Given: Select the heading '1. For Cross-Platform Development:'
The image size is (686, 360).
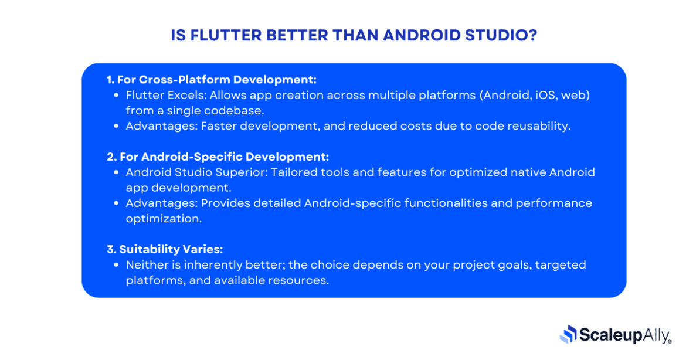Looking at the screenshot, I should point(212,80).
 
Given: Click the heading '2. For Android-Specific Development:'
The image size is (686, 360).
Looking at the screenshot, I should point(218,157).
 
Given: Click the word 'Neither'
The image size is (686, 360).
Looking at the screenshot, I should point(145,265).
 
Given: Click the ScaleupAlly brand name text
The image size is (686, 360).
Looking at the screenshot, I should point(625,335).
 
